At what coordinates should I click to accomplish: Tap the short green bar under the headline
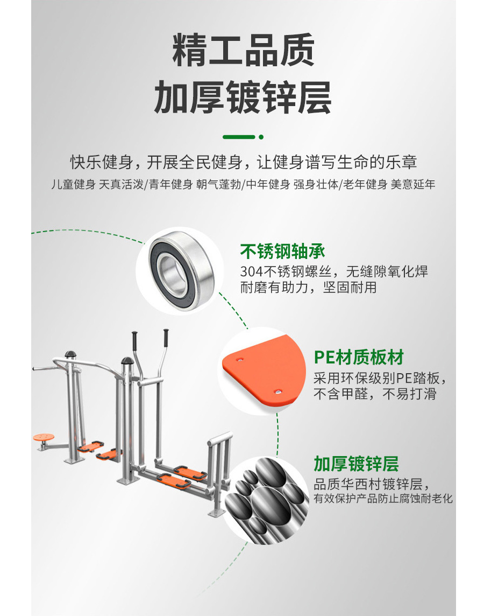pos(238,137)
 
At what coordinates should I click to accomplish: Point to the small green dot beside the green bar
pos(261,137)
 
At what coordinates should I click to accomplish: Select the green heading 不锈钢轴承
pos(282,251)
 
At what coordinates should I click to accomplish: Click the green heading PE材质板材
pos(358,357)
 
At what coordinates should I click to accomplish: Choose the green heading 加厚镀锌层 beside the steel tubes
pos(356,463)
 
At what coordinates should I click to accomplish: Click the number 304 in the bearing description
pos(250,271)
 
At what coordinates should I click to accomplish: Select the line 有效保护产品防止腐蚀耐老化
pos(383,499)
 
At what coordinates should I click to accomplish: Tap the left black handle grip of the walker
pos(135,340)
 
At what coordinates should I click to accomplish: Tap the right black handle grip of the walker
pos(167,339)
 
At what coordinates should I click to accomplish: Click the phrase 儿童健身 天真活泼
pos(97,185)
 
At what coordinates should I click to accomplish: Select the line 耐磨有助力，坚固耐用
pos(308,288)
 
